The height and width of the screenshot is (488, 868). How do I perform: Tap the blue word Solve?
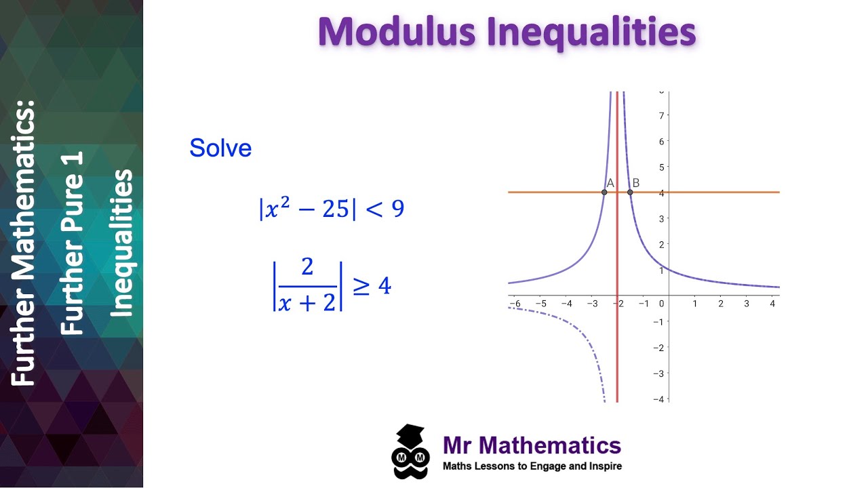[x=220, y=148]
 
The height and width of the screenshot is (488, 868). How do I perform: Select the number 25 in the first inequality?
[x=335, y=209]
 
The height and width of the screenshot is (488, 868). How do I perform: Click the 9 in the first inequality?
[x=398, y=209]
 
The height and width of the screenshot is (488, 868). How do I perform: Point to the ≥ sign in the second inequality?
[x=361, y=287]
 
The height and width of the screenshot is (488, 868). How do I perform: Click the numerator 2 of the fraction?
[x=307, y=267]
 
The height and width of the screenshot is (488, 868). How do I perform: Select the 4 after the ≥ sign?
[x=384, y=287]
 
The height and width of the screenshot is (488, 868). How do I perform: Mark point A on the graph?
[x=604, y=192]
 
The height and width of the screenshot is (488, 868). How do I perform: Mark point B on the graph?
[x=630, y=192]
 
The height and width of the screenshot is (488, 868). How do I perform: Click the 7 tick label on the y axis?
[x=660, y=115]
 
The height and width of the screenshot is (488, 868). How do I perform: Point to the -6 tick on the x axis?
[x=515, y=304]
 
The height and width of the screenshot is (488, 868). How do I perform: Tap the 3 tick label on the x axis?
[x=747, y=304]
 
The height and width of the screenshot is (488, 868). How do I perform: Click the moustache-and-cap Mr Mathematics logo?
[x=410, y=451]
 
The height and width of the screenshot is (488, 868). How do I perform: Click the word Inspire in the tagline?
[x=604, y=466]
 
